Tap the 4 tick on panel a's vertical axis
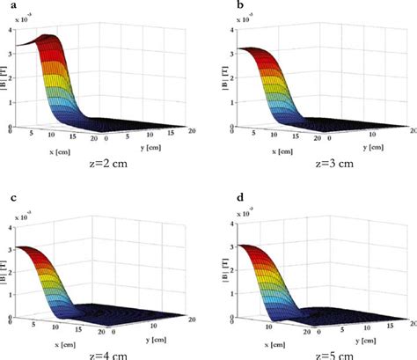11,29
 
